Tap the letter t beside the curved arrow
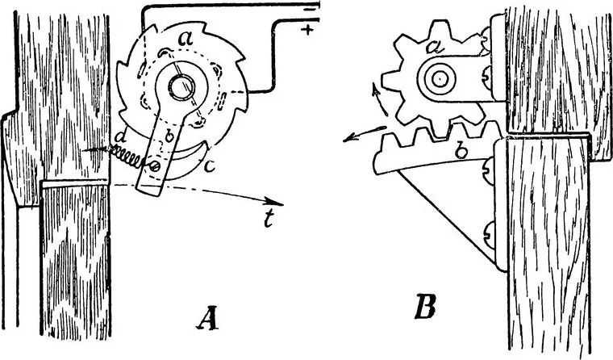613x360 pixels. pyautogui.click(x=268, y=220)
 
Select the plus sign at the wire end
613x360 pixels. pyautogui.click(x=309, y=30)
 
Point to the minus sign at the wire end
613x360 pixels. pyautogui.click(x=309, y=9)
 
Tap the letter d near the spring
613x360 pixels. pyautogui.click(x=122, y=137)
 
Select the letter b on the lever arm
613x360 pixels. pyautogui.click(x=169, y=136)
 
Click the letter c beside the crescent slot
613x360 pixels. pyautogui.click(x=209, y=167)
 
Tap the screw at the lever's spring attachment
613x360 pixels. pyautogui.click(x=154, y=166)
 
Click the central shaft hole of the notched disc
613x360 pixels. pyautogui.click(x=181, y=86)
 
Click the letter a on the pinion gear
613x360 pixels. pyautogui.click(x=433, y=48)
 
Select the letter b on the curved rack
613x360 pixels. pyautogui.click(x=461, y=151)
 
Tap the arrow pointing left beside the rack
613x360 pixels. pyautogui.click(x=365, y=134)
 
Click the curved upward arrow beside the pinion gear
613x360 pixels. pyautogui.click(x=380, y=101)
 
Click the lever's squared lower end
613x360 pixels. pyautogui.click(x=150, y=188)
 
